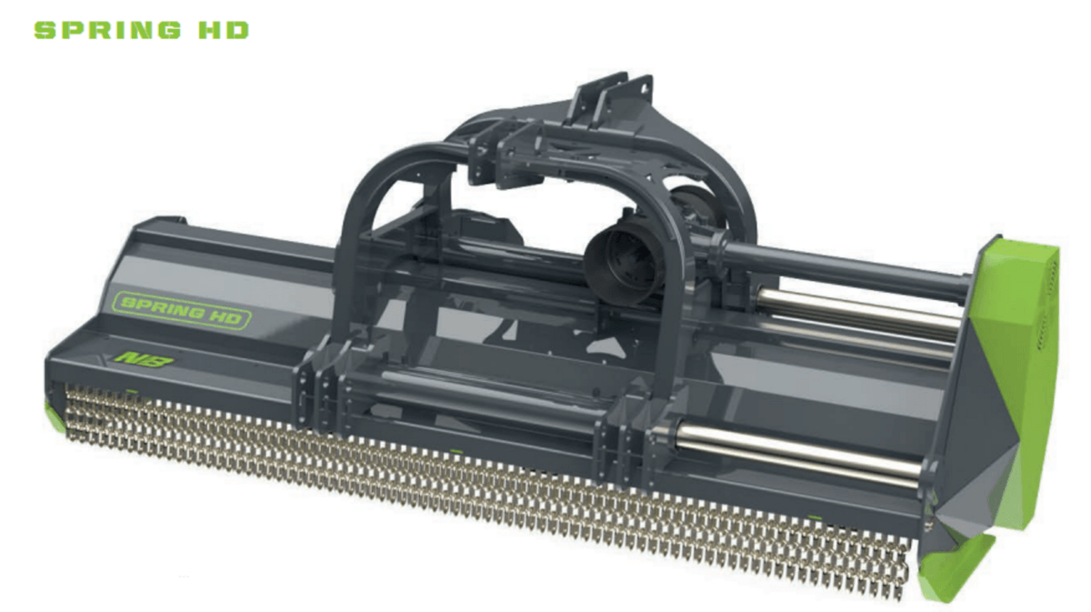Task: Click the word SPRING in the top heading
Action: [107, 30]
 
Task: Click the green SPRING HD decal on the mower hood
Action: [181, 311]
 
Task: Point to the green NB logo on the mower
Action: [144, 360]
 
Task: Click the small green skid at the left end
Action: [55, 417]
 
